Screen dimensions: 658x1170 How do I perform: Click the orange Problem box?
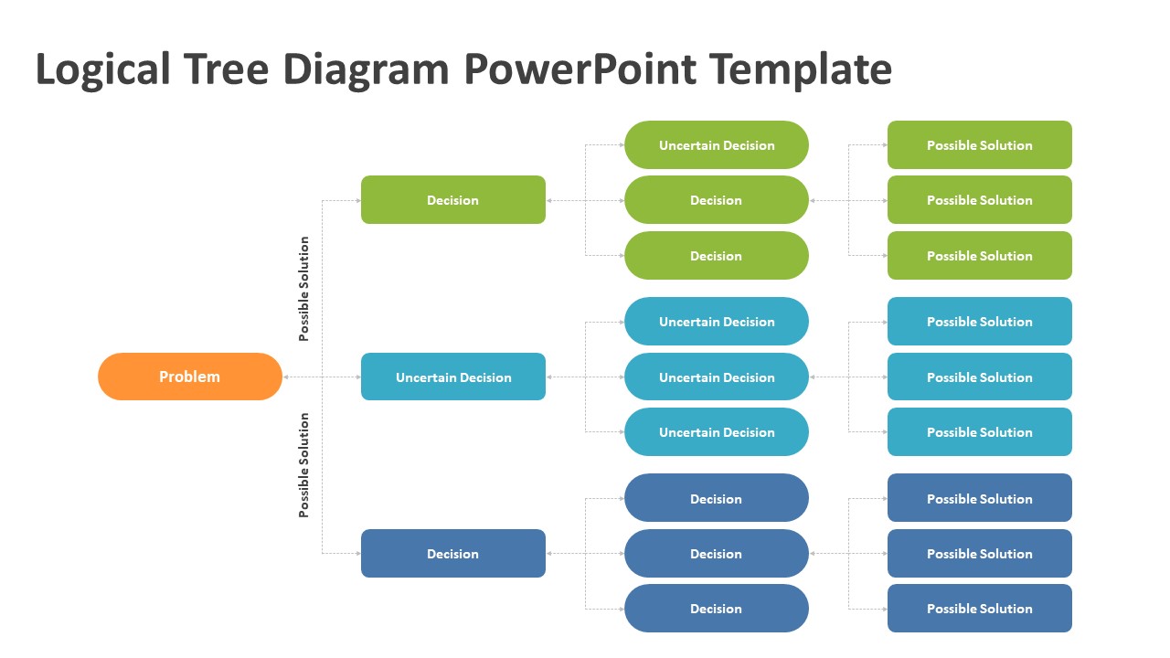tap(190, 377)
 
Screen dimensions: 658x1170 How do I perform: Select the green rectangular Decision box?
tap(453, 200)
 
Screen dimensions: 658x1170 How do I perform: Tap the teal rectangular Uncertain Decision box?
tap(453, 377)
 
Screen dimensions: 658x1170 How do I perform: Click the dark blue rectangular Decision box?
tap(453, 554)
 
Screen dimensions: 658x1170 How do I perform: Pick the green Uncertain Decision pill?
tap(717, 145)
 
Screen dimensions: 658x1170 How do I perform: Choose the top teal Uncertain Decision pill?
tap(717, 322)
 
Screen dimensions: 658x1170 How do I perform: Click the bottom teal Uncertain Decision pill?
tap(717, 432)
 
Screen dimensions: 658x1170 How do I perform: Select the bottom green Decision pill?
tap(717, 256)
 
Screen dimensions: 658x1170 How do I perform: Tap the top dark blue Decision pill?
tap(717, 499)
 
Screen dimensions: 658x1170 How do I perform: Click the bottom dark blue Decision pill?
tap(717, 609)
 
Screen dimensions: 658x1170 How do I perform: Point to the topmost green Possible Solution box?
tap(980, 145)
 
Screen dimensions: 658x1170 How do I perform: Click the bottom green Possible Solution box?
tap(980, 256)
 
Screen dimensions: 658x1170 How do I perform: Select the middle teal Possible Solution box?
tap(980, 377)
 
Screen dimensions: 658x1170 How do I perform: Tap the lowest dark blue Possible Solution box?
tap(980, 609)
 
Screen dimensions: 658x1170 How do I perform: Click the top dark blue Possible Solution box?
tap(980, 499)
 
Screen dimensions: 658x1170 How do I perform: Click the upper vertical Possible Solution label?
tap(304, 289)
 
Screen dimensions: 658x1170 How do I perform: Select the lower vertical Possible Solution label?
tap(304, 465)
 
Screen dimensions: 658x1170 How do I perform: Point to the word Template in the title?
tap(800, 69)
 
